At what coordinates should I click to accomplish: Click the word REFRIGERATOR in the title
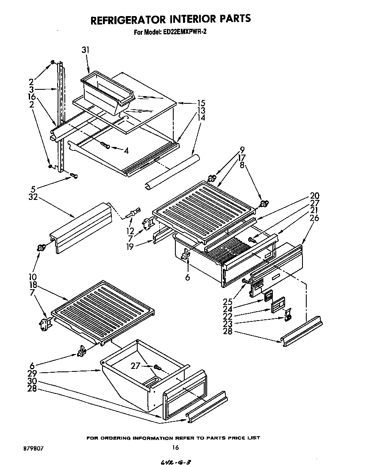(122, 19)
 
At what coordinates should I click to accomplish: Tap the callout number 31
(86, 50)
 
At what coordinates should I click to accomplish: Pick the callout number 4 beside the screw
(125, 150)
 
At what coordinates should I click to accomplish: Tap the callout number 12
(130, 231)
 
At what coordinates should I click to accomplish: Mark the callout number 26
(314, 218)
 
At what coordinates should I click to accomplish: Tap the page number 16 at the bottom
(176, 448)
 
